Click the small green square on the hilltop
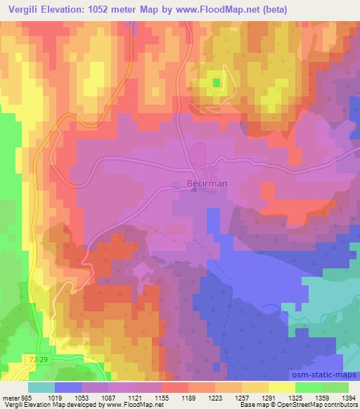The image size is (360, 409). point(216,84)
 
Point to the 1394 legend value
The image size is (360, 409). point(345,398)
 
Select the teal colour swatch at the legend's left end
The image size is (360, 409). point(41,387)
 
